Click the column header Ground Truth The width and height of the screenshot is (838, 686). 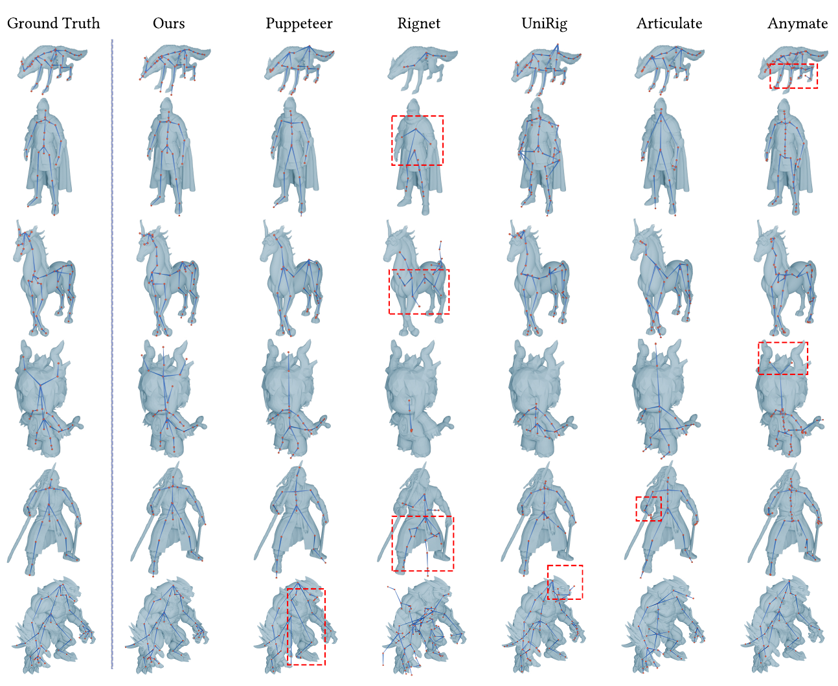53,24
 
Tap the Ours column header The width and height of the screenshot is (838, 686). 168,24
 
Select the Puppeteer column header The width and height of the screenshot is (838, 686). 299,24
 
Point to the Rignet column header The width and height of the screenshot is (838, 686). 418,24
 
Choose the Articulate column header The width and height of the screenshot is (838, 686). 669,24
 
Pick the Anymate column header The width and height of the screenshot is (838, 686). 797,24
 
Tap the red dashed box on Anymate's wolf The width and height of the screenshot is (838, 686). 793,75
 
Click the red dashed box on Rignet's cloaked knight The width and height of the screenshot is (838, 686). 417,141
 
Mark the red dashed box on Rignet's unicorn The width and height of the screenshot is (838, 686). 418,292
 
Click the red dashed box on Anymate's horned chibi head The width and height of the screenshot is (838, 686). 782,358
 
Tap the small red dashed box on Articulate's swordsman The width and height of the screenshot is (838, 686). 648,509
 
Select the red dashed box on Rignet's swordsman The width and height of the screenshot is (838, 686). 422,543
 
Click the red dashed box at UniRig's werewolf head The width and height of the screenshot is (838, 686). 565,582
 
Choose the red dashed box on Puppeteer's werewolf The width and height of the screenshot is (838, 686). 306,626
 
